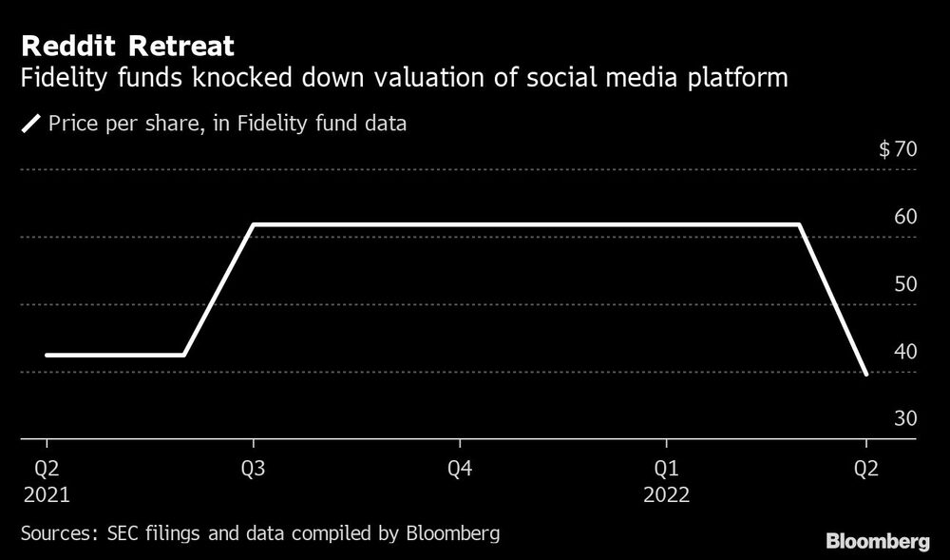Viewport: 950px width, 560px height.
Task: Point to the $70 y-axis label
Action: point(898,149)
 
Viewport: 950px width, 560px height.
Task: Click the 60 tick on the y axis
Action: point(904,217)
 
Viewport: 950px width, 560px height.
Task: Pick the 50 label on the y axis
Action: point(904,284)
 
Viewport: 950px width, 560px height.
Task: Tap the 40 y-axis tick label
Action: point(904,352)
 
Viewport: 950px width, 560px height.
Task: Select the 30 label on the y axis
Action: point(904,419)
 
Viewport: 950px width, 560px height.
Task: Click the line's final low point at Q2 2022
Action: point(865,374)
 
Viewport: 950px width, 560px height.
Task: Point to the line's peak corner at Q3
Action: point(253,225)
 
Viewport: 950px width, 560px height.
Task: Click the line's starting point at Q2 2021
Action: point(47,356)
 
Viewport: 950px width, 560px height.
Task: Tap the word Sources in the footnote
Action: point(53,532)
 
